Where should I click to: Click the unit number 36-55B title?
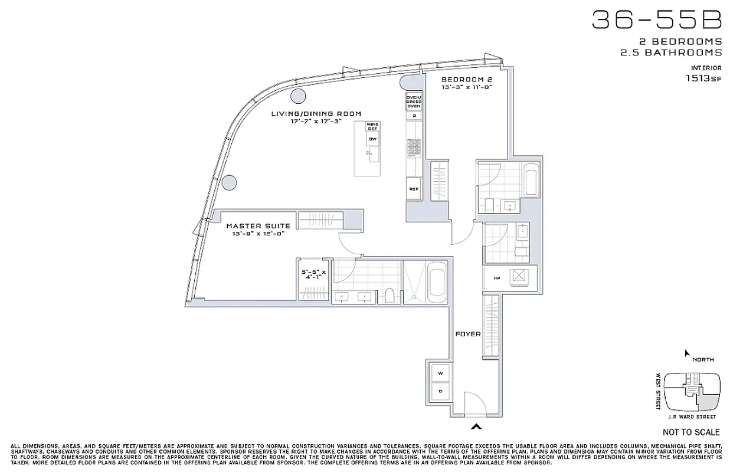pyautogui.click(x=656, y=21)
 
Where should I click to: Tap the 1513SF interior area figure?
pyautogui.click(x=703, y=77)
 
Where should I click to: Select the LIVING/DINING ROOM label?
pyautogui.click(x=316, y=114)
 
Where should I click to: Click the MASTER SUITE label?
pyautogui.click(x=258, y=226)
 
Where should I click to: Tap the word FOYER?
pyautogui.click(x=468, y=334)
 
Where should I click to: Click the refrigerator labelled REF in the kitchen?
pyautogui.click(x=414, y=189)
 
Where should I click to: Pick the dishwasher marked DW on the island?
pyautogui.click(x=372, y=139)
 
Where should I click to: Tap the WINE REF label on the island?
pyautogui.click(x=372, y=126)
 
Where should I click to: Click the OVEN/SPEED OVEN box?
pyautogui.click(x=413, y=101)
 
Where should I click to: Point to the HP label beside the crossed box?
pyautogui.click(x=497, y=278)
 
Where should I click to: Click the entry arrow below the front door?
pyautogui.click(x=476, y=427)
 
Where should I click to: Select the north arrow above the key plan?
pyautogui.click(x=686, y=353)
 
